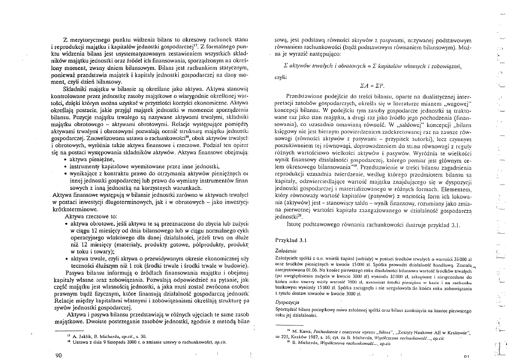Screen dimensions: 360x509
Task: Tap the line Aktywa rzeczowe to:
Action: [91, 216]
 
